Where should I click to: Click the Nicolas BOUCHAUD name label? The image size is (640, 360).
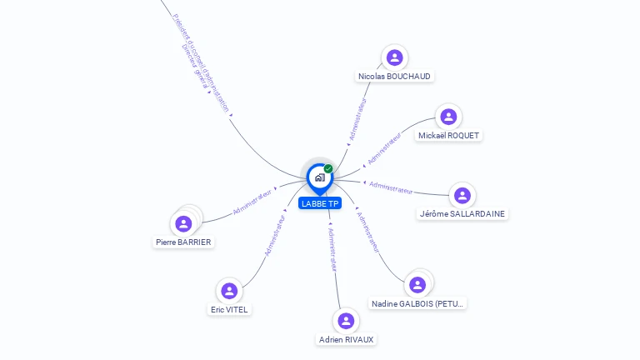pos(394,76)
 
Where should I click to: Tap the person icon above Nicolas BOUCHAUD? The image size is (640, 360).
pos(395,57)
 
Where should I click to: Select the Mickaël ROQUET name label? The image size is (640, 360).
pos(449,135)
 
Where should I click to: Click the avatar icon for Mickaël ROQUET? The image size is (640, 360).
pos(448,117)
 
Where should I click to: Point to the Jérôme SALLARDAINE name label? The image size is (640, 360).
pos(462,213)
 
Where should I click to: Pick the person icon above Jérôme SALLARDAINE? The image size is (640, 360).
pos(462,195)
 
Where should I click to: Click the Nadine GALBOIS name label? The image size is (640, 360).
pos(418,303)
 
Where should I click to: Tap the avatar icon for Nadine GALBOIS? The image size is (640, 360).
pos(418,285)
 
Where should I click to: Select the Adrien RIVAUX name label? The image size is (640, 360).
pos(347,339)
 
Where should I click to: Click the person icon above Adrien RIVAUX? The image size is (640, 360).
pos(346,321)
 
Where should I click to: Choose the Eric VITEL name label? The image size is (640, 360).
pos(229,309)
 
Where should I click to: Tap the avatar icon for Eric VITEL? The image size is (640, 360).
pos(229,291)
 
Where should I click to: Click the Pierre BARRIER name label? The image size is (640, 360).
pos(183,242)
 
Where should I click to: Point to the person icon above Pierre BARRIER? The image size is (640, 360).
pos(184,223)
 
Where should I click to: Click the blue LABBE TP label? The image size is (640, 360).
pos(320,203)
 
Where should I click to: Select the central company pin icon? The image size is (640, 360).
pos(319,177)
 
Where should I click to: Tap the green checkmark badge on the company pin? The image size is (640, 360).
pos(328,168)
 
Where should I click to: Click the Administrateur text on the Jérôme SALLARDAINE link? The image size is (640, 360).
pos(391,187)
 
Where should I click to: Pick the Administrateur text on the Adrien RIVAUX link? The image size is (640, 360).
pos(332,249)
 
